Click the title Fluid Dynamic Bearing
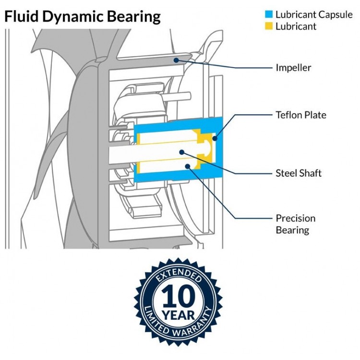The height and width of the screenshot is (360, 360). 83,17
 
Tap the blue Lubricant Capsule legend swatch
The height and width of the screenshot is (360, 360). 269,14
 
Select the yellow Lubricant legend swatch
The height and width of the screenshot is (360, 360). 269,26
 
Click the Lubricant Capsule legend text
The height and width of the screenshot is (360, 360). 314,14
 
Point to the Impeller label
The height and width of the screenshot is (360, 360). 293,68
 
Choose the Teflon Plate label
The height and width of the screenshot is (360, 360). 301,115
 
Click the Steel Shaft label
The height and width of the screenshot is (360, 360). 299,173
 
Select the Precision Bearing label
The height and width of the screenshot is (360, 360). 296,224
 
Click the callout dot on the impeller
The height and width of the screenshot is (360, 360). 176,60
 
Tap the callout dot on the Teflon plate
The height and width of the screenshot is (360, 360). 215,138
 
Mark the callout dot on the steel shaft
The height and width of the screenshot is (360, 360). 182,152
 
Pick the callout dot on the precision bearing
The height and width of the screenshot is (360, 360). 188,166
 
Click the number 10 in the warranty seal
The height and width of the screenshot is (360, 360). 178,296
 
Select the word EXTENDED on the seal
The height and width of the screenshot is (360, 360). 179,275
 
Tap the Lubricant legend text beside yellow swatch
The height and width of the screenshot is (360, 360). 296,26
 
